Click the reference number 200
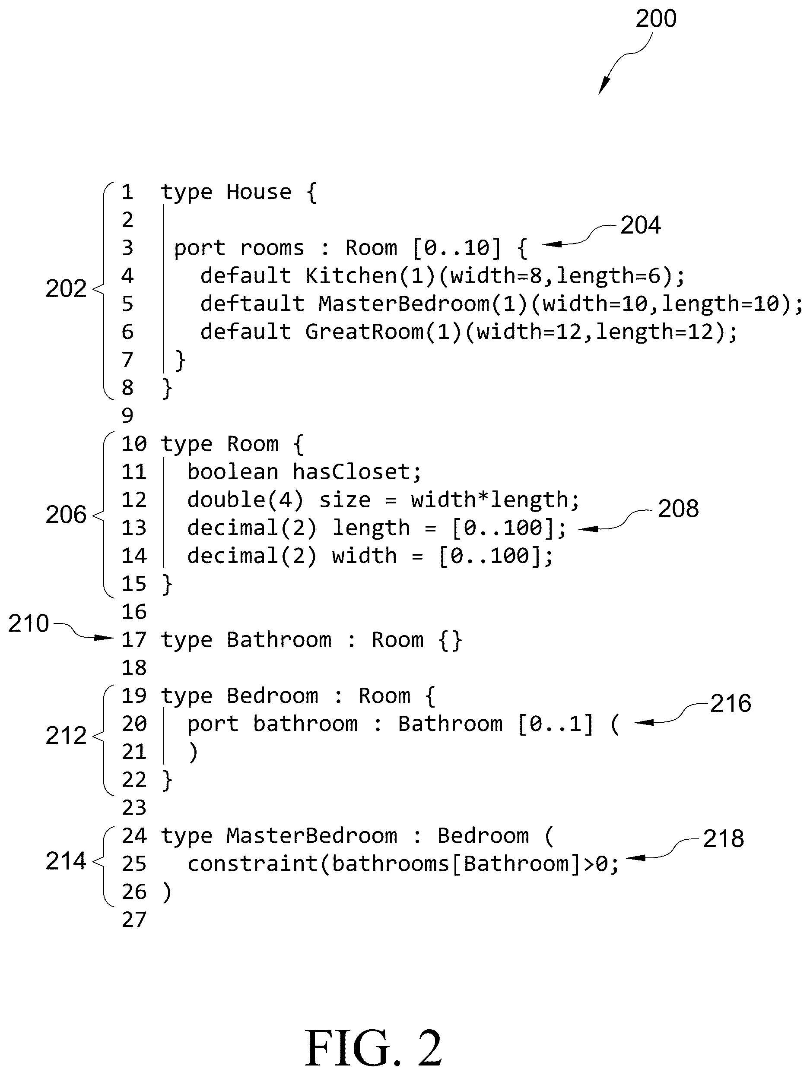[656, 19]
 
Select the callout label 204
[640, 225]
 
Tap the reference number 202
[66, 288]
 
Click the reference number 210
[29, 623]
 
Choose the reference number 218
[724, 838]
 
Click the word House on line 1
[259, 192]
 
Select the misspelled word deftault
[252, 304]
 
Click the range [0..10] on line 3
[457, 248]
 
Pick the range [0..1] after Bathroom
[556, 724]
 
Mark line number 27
[133, 920]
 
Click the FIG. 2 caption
[373, 1048]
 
